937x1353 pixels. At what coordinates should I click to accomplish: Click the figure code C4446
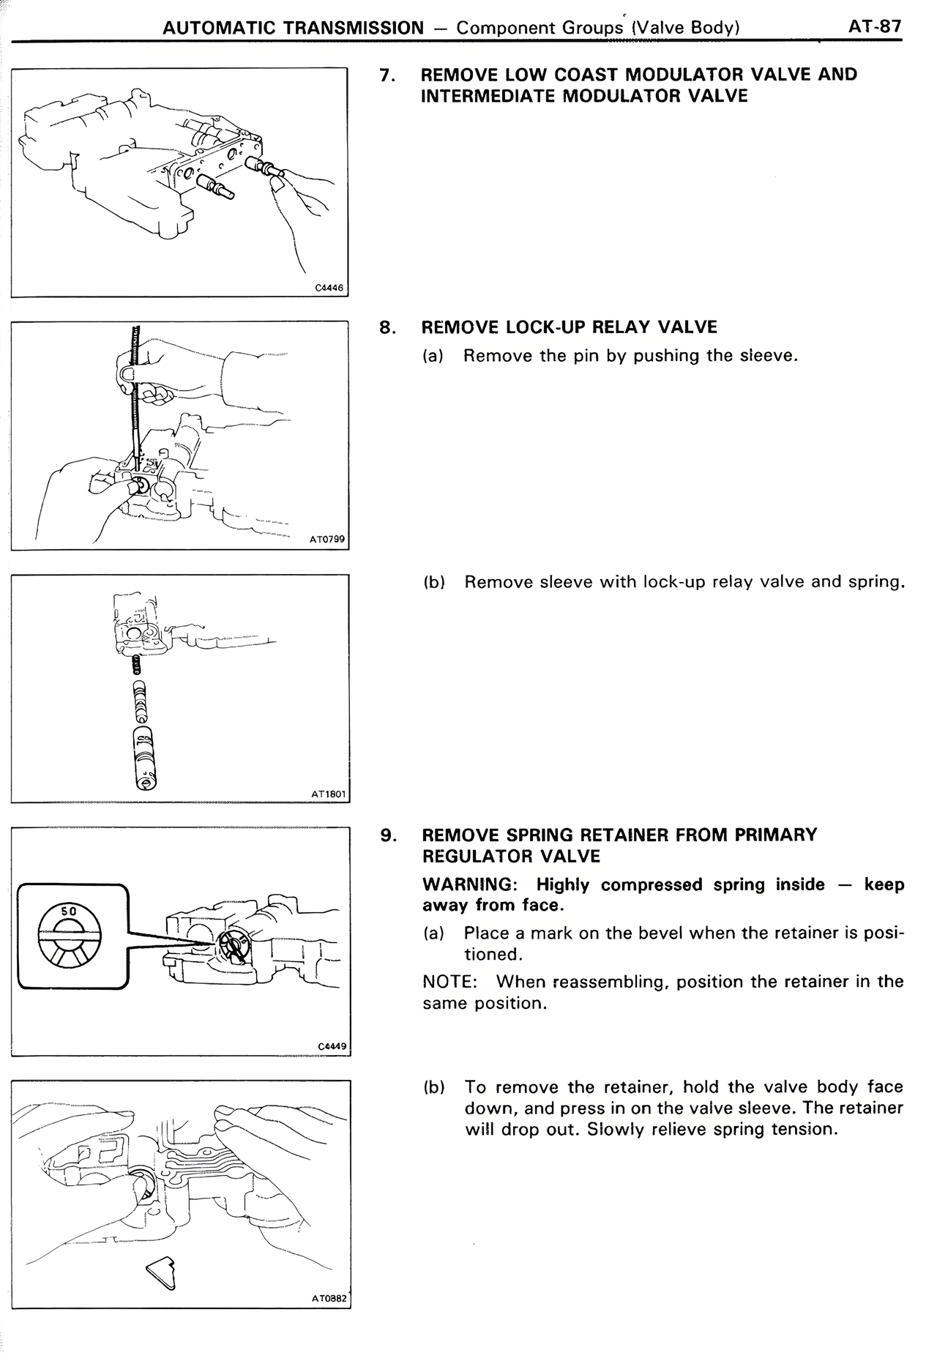(329, 288)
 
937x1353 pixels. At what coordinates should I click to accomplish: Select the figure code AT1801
(327, 793)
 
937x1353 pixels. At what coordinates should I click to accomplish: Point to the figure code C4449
(331, 1046)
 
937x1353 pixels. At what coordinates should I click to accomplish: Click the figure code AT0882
(328, 1299)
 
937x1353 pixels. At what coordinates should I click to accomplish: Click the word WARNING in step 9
(468, 884)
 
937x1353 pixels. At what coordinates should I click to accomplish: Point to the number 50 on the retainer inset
(68, 912)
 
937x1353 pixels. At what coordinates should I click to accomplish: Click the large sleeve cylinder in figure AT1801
(144, 758)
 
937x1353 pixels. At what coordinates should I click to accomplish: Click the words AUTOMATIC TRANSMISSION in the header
(293, 28)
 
